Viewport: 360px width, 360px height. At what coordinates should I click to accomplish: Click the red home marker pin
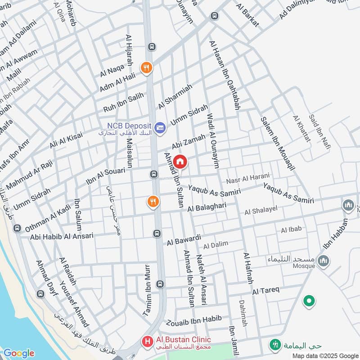[x=180, y=162]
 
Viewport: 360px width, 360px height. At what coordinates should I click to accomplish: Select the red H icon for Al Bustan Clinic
[x=147, y=342]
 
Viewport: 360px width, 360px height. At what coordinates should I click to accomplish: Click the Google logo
[x=18, y=353]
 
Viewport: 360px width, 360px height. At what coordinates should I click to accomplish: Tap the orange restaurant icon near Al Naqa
[x=146, y=68]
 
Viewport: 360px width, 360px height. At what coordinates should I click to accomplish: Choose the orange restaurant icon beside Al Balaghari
[x=153, y=202]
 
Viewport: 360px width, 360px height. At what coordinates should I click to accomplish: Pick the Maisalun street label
[x=129, y=153]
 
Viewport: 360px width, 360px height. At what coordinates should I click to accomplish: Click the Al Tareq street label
[x=266, y=291]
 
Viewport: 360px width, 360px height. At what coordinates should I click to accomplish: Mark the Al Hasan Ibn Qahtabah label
[x=224, y=75]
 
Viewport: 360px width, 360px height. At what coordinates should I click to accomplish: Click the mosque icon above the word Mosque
[x=323, y=260]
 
